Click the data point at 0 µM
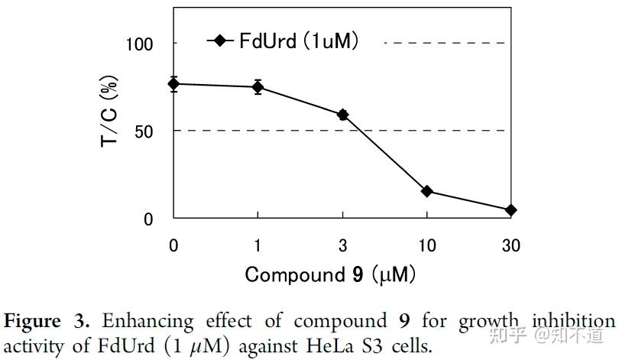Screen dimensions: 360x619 (x=174, y=83)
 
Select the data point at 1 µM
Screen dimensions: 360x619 (x=258, y=86)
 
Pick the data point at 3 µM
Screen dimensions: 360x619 (x=342, y=115)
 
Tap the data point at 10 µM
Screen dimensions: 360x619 (x=426, y=191)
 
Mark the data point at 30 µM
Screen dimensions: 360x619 (x=510, y=210)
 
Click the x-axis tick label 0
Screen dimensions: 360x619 (x=174, y=246)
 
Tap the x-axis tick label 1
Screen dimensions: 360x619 (x=258, y=246)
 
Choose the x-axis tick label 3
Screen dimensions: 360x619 (x=342, y=246)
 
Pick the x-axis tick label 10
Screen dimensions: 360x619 (x=426, y=246)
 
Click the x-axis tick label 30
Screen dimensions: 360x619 (x=510, y=246)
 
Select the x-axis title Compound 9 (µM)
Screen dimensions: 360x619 (x=330, y=274)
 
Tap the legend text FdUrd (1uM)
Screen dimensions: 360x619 (x=299, y=41)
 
